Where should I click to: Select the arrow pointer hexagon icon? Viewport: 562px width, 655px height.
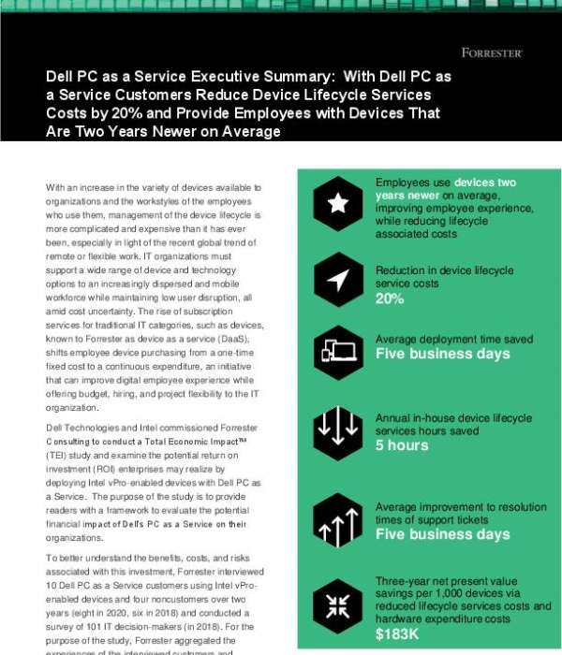click(x=338, y=277)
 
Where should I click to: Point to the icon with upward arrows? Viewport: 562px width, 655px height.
click(x=338, y=520)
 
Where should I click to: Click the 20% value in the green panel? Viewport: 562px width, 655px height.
click(x=390, y=298)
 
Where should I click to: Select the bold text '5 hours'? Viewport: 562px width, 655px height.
click(x=402, y=444)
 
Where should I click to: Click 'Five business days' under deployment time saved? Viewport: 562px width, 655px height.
click(x=443, y=355)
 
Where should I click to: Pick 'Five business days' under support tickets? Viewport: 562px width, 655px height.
click(x=443, y=533)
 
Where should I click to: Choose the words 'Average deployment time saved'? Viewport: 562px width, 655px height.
click(x=454, y=338)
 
